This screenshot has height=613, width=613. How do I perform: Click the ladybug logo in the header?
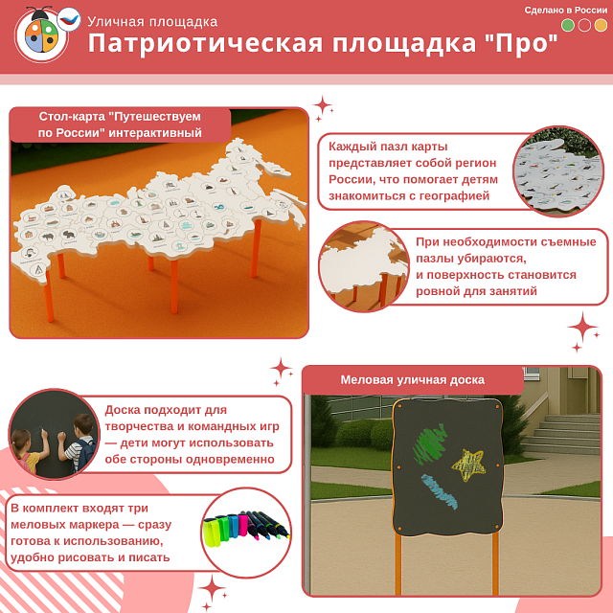tap(41, 35)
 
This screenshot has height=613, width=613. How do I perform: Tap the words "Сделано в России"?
tap(566, 10)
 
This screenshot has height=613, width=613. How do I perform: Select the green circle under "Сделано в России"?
tap(568, 26)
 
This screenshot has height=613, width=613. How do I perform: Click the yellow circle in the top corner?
tap(601, 26)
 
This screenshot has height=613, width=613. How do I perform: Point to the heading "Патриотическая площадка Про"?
tap(323, 44)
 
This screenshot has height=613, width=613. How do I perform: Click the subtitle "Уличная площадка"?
tap(152, 21)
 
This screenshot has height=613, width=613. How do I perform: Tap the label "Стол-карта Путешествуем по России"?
tap(120, 124)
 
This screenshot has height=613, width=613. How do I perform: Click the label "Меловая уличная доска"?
tap(413, 379)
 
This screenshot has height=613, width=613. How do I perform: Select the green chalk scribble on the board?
tap(429, 444)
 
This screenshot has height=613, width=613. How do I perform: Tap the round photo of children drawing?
tap(54, 433)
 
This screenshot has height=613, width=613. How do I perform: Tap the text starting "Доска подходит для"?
tap(184, 434)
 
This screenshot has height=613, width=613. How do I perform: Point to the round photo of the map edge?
tap(363, 266)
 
